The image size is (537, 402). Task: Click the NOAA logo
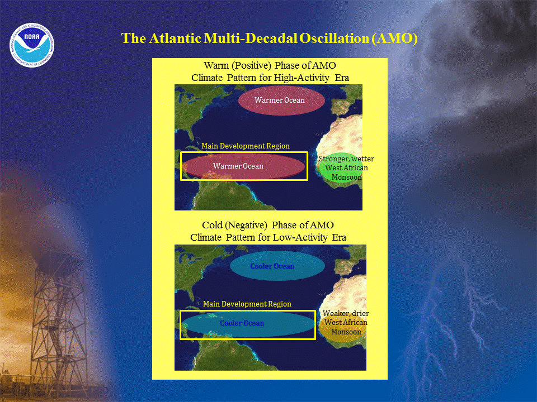(32, 45)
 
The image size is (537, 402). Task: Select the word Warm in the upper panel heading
(216, 65)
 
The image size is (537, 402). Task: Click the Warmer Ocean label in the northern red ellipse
(280, 100)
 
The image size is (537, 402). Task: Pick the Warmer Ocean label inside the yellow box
(238, 166)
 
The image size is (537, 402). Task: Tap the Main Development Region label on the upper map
(245, 146)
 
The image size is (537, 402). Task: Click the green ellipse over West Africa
(338, 167)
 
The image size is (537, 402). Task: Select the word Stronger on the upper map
(333, 159)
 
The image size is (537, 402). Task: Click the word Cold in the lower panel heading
(212, 225)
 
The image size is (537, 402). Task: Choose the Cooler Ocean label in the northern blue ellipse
(272, 266)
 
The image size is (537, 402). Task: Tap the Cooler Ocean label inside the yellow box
(242, 323)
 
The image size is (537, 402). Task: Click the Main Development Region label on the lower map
(247, 304)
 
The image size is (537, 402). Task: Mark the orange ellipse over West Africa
(341, 328)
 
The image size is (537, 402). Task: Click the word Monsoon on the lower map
(346, 332)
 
